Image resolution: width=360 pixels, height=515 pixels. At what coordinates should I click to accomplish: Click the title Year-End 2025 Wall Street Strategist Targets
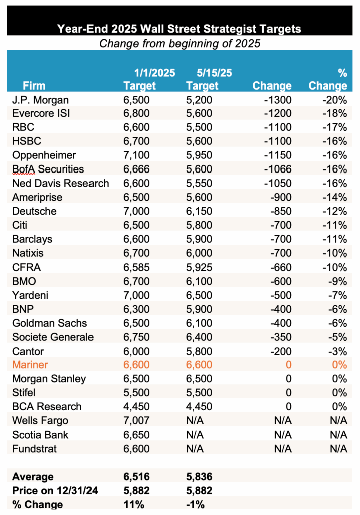pos(179,28)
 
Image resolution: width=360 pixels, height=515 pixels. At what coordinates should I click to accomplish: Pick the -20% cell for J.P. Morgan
pos(335,100)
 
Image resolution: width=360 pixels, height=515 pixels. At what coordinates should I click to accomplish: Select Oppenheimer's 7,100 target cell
pos(136,155)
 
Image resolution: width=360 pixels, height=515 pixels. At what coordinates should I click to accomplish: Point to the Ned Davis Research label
pos(60,183)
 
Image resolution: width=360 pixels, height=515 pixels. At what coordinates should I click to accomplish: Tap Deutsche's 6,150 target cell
pos(199,211)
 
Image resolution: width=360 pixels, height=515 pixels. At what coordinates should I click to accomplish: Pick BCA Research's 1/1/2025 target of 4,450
pos(136,406)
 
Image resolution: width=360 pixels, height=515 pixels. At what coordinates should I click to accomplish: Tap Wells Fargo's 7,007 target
pos(136,420)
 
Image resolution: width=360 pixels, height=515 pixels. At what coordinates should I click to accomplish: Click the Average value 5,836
pos(199,476)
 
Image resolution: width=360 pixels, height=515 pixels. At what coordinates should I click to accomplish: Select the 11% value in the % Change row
pos(132,504)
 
